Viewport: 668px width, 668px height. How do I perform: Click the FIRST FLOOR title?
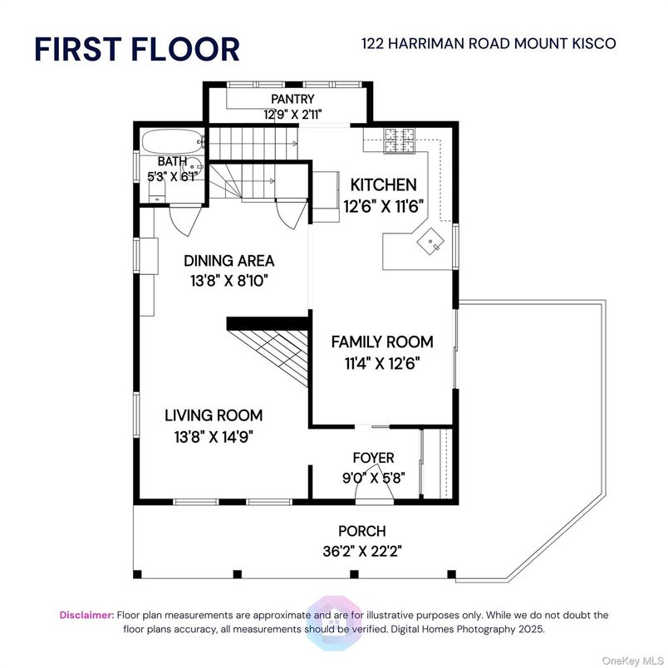137,49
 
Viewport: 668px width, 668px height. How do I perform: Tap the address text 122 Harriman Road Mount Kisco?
489,43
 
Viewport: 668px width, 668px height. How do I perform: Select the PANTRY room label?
292,99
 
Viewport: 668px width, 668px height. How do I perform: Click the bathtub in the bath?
173,142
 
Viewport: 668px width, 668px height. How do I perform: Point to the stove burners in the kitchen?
400,140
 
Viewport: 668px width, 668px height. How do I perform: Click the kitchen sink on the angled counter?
430,241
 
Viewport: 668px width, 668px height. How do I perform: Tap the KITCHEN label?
383,185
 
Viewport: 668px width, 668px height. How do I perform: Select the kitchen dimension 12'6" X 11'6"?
384,207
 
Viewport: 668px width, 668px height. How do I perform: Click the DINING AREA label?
228,261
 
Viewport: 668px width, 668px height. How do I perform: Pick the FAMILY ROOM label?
382,342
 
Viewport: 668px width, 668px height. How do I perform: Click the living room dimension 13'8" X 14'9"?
214,437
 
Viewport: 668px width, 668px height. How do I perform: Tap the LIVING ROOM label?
214,415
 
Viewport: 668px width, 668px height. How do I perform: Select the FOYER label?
373,458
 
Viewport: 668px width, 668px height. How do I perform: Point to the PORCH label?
362,531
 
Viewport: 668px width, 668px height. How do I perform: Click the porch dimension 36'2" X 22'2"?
362,552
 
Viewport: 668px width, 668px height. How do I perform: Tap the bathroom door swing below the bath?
185,220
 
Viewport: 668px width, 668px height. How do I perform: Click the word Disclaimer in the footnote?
87,615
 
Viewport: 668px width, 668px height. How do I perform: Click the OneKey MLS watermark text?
632,661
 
